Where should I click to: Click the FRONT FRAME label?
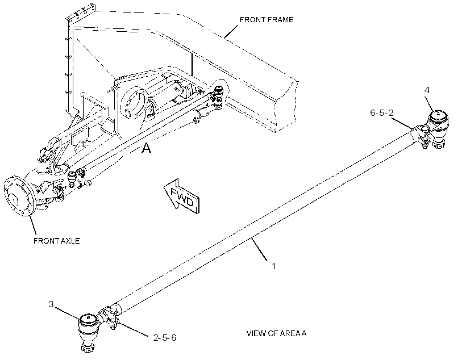(267, 20)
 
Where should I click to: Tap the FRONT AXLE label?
(56, 241)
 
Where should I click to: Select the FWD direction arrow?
(182, 196)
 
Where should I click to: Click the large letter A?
(146, 148)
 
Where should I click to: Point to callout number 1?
(274, 266)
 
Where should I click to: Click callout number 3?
(51, 304)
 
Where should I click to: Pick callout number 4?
(427, 90)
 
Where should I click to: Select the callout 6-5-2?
(381, 113)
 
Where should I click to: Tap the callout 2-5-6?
(165, 338)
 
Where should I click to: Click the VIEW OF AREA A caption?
(276, 333)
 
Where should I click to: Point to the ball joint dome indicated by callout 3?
(88, 320)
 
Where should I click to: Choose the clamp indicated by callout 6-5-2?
(423, 135)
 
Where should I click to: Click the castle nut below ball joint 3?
(88, 346)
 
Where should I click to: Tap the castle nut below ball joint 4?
(439, 144)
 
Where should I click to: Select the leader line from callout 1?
(259, 249)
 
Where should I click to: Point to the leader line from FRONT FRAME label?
(231, 31)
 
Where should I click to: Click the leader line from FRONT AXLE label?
(33, 225)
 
